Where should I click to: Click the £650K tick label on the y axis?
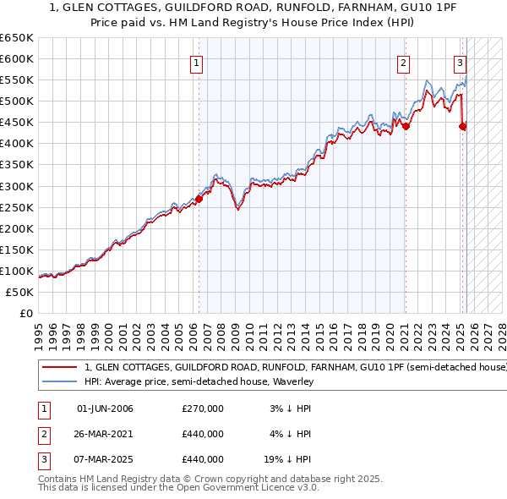(17, 38)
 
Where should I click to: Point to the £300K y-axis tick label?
(17, 186)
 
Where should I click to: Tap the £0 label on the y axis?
(26, 313)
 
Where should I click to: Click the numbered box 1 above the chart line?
(196, 63)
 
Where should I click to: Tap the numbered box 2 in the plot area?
(404, 63)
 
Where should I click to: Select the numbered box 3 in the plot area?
(461, 63)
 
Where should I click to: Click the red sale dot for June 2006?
(199, 199)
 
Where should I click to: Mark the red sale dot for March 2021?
(406, 126)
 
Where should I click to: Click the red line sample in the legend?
(59, 368)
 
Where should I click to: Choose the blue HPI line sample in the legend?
(59, 381)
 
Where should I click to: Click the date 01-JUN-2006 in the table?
(105, 409)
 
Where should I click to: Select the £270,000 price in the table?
(203, 409)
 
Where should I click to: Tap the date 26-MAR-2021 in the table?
(105, 434)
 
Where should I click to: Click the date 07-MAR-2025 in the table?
(105, 459)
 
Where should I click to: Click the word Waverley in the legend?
(291, 381)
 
